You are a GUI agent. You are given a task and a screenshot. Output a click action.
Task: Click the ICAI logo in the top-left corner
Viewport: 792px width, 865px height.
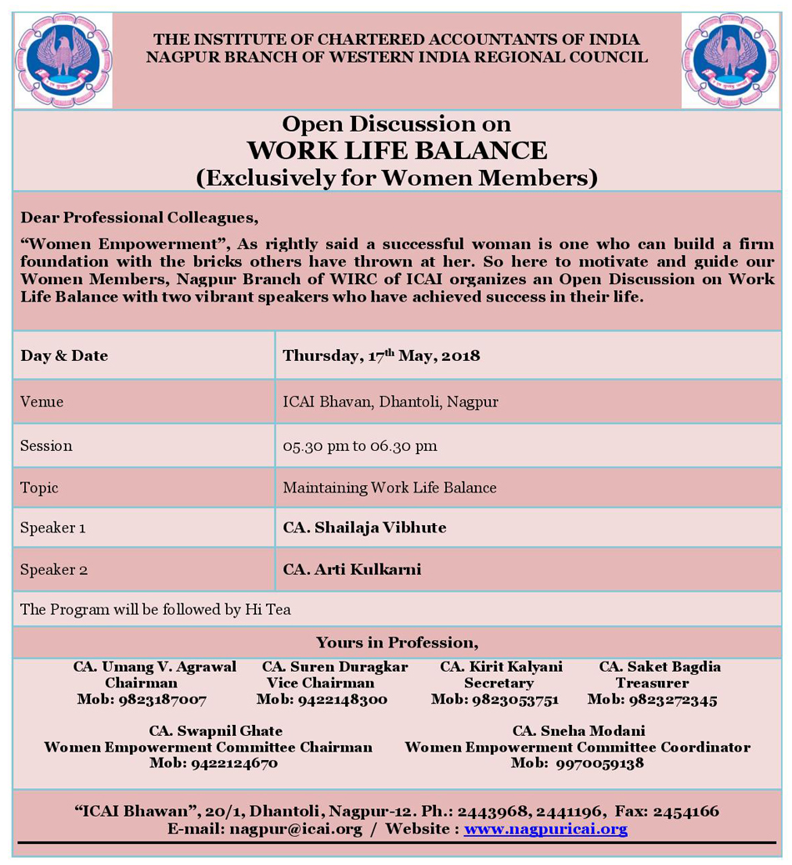pos(63,61)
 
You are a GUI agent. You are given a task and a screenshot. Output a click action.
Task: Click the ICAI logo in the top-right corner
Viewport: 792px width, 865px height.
pos(729,61)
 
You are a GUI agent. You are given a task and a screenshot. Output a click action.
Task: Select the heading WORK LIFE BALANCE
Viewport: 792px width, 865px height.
pos(397,151)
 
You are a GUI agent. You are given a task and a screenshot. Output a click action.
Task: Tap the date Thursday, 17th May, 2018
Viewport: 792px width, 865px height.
pos(381,356)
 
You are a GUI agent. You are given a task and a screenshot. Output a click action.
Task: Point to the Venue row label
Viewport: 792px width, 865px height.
pos(42,402)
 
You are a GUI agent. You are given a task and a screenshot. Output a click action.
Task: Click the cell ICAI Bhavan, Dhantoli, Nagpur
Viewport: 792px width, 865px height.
pos(390,402)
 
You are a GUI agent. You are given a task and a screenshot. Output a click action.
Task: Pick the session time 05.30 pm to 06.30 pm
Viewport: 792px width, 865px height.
pos(359,446)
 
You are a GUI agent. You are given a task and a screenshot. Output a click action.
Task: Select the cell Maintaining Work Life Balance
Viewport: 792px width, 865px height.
pos(389,487)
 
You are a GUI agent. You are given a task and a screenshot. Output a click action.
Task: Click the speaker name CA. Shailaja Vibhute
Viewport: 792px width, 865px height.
pos(364,527)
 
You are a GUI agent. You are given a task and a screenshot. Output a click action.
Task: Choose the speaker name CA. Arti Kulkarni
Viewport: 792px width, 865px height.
pos(352,570)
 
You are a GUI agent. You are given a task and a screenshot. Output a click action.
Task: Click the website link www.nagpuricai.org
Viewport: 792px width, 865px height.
pos(545,829)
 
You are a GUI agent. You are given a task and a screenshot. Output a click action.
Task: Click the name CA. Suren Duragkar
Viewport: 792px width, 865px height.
pos(334,667)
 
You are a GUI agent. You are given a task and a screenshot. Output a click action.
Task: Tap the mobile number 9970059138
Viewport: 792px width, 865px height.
pos(599,763)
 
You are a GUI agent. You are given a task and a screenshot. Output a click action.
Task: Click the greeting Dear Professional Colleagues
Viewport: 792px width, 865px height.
pos(139,217)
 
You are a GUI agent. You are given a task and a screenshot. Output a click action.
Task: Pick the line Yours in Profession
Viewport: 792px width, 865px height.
pos(397,642)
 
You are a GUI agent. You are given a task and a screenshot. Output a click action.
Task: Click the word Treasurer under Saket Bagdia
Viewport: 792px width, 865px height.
pos(652,683)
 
